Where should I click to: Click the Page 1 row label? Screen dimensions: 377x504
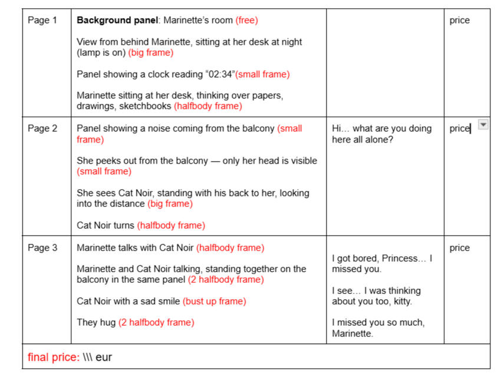tap(42, 21)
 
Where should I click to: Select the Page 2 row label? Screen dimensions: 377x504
tap(42, 129)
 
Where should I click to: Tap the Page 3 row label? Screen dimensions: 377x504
tap(42, 248)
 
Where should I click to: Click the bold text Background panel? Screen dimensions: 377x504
tap(118, 21)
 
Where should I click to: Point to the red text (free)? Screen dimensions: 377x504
tap(246, 21)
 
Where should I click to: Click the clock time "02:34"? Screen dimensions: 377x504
tap(218, 75)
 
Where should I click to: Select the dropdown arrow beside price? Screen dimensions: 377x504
tap(483, 125)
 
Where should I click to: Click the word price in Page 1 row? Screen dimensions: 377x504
tap(459, 21)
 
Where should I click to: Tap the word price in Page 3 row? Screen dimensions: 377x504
tap(459, 248)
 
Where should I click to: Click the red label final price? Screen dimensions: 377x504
tap(54, 358)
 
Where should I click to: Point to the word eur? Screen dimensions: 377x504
tap(103, 358)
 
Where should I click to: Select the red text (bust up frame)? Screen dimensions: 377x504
tap(214, 302)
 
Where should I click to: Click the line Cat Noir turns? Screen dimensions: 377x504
tap(106, 226)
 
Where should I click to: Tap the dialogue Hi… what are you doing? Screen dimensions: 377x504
tap(381, 129)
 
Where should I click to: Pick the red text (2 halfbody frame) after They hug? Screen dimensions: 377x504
tap(156, 323)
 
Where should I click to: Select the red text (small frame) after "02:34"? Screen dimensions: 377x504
tap(262, 75)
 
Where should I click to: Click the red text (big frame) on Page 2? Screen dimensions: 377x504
tap(170, 204)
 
